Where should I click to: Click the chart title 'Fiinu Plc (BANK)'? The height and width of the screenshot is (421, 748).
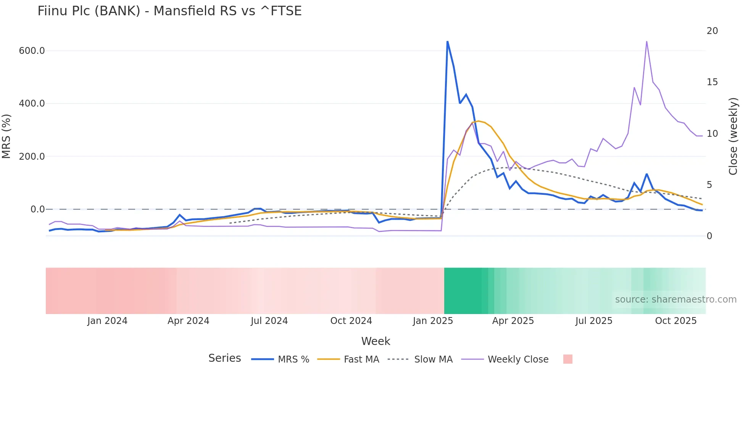pyautogui.click(x=169, y=11)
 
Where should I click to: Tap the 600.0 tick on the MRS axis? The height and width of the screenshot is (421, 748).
pyautogui.click(x=32, y=51)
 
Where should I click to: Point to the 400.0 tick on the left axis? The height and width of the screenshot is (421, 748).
pyautogui.click(x=32, y=104)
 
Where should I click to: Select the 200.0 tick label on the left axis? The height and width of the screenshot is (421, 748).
pyautogui.click(x=32, y=156)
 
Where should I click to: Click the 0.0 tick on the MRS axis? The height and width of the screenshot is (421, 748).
pyautogui.click(x=37, y=209)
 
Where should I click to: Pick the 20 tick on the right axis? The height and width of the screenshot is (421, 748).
pyautogui.click(x=712, y=31)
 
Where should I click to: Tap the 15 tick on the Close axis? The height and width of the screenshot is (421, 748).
pyautogui.click(x=712, y=82)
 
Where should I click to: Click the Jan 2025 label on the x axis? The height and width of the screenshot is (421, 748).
pyautogui.click(x=433, y=321)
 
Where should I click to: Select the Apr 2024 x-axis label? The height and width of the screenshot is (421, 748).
pyautogui.click(x=189, y=321)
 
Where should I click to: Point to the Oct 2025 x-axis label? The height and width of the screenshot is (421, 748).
pyautogui.click(x=676, y=321)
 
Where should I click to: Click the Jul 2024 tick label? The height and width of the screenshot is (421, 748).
pyautogui.click(x=269, y=321)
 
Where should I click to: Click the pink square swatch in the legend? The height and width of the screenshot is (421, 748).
pyautogui.click(x=568, y=359)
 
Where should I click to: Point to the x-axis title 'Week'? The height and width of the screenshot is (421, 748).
pyautogui.click(x=376, y=341)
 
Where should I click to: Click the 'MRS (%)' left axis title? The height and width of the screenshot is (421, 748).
pyautogui.click(x=6, y=136)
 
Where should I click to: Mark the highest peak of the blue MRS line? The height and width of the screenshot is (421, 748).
pyautogui.click(x=447, y=41)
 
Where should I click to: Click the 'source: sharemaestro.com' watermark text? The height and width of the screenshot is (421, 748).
pyautogui.click(x=675, y=300)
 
